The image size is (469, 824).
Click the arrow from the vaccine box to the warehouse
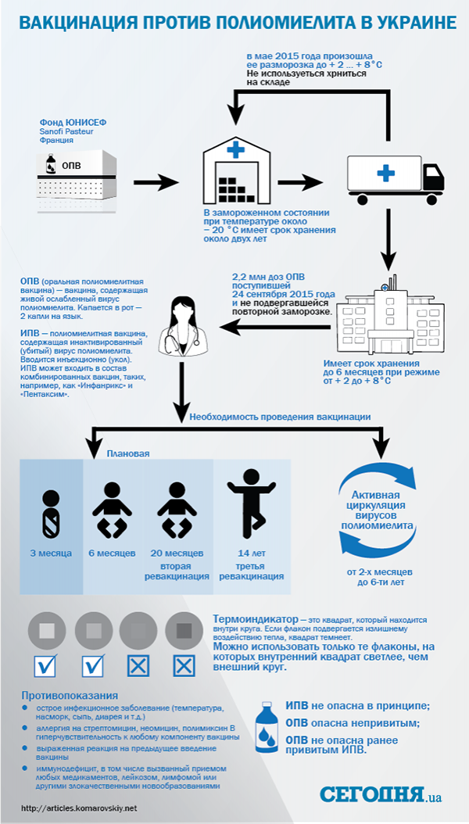156,183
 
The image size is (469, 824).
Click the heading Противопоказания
70,696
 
